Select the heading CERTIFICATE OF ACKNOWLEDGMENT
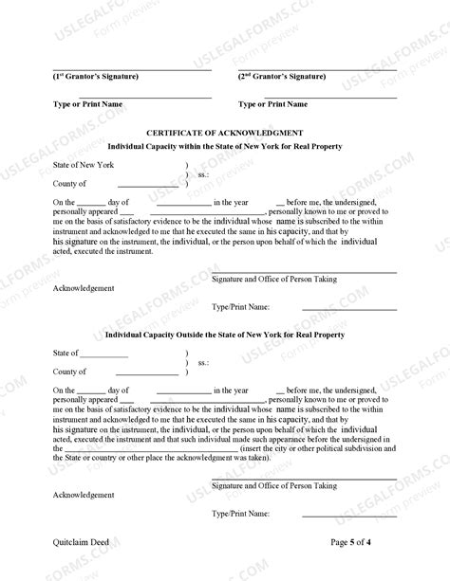click(225, 133)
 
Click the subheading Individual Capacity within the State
click(225, 146)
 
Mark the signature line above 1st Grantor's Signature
click(132, 68)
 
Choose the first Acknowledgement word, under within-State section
click(84, 288)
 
